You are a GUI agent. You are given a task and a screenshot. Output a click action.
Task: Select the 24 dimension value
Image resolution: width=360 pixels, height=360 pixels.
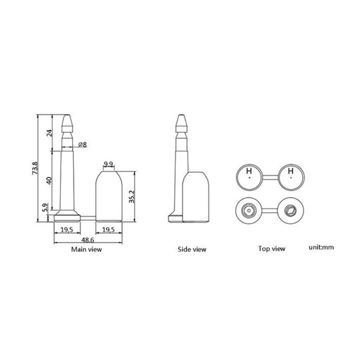[50, 132]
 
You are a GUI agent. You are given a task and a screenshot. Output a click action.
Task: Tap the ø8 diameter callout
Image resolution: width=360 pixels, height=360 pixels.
[82, 144]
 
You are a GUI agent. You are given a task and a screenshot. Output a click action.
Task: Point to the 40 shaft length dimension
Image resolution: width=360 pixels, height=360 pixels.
[50, 181]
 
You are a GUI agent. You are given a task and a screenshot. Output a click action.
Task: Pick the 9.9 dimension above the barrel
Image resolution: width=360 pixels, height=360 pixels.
[108, 163]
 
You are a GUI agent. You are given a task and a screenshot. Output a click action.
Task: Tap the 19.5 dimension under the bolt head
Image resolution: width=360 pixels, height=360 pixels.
[67, 230]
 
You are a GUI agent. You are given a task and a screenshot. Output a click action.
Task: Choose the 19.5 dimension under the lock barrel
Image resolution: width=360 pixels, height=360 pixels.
[108, 230]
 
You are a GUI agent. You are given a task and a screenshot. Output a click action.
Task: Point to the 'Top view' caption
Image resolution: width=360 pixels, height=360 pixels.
[271, 248]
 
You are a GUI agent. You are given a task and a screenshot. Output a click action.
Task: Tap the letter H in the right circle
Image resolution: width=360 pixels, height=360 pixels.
[291, 171]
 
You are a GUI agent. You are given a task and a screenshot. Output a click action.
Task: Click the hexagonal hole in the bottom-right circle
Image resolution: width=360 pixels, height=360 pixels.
[290, 210]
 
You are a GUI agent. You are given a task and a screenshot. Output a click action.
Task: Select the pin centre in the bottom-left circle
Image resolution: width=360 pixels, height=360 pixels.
[248, 210]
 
